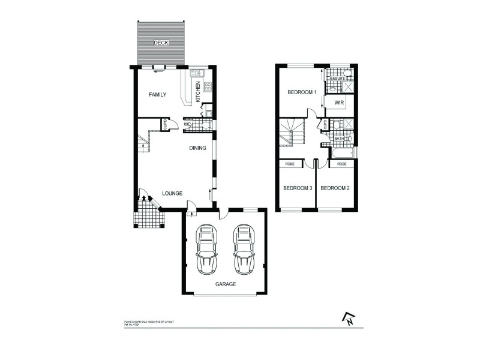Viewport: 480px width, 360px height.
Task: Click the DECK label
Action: click(160, 43)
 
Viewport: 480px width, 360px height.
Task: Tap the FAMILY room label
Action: click(157, 95)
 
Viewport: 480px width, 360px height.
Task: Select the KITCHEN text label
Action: click(199, 91)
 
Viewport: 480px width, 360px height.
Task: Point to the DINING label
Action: click(197, 148)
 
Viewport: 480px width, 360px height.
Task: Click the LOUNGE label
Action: click(172, 193)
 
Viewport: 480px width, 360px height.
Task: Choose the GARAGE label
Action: click(225, 285)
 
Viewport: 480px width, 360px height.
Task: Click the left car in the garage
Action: click(207, 248)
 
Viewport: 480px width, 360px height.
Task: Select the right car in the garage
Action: click(244, 248)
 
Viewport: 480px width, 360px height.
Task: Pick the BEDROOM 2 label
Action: click(335, 188)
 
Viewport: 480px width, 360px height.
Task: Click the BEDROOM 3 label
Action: click(298, 188)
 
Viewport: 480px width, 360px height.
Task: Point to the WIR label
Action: click(339, 104)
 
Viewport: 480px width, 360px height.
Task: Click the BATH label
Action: click(339, 139)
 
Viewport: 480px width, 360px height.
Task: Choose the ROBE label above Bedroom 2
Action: click(341, 164)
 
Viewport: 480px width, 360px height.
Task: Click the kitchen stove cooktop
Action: click(208, 86)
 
